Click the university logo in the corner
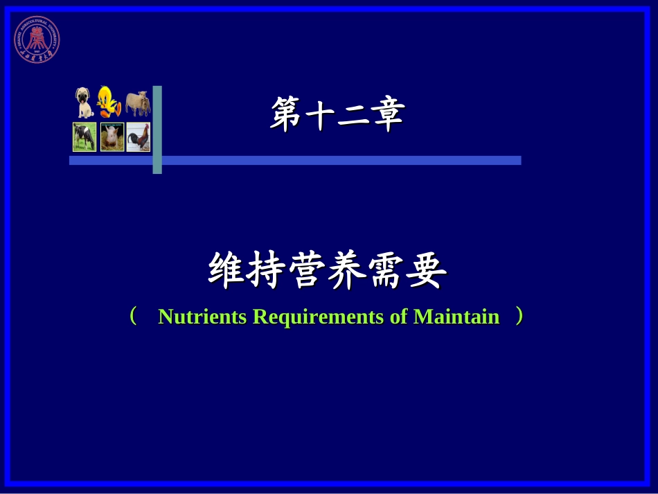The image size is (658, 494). pos(37,39)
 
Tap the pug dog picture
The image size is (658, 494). pos(84,103)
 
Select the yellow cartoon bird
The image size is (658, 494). pos(109,101)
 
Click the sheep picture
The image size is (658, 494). pos(138,103)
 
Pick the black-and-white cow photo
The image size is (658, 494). pos(85,136)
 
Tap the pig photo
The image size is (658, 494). pos(112,136)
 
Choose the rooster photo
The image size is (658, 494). pos(138,136)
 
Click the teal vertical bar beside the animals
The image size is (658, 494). pos(157,130)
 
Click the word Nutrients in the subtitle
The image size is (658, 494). pos(202,317)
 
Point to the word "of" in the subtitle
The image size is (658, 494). pos(399,317)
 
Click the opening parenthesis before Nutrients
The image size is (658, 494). pos(134,317)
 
